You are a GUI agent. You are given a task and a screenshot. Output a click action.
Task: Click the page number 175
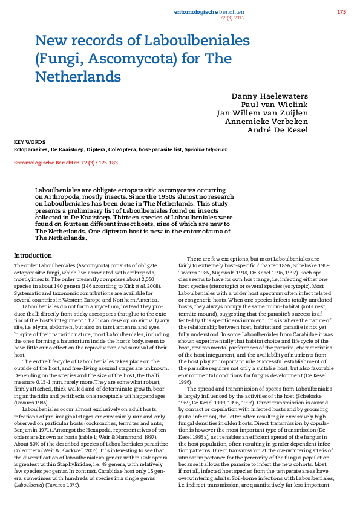pyautogui.click(x=342, y=12)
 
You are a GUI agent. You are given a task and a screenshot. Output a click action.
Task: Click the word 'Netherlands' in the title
pyautogui.click(x=78, y=77)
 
